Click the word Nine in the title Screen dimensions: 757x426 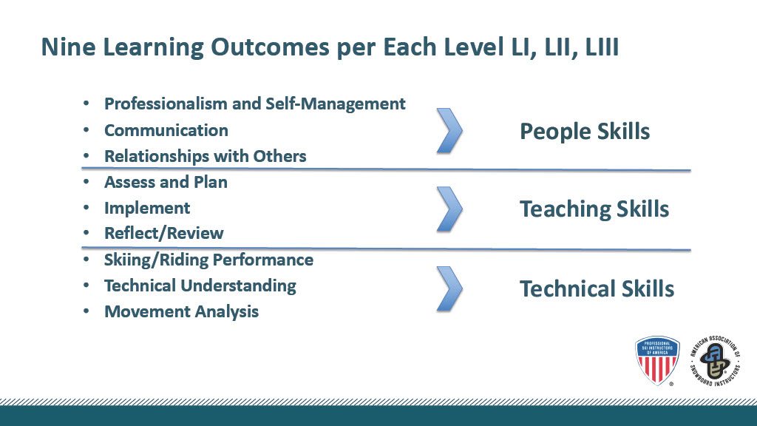click(69, 47)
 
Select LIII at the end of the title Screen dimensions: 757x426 click(602, 47)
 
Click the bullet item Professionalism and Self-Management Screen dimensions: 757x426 click(255, 104)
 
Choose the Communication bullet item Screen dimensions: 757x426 click(166, 130)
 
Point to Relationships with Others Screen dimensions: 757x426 click(206, 157)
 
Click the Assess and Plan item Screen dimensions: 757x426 click(166, 182)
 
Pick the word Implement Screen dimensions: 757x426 click(147, 208)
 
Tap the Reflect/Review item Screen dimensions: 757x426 click(163, 233)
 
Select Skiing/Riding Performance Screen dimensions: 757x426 click(208, 260)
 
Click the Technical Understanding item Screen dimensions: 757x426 click(200, 286)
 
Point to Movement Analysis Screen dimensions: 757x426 click(182, 311)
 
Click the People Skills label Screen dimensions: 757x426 click(585, 132)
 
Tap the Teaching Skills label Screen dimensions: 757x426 click(594, 209)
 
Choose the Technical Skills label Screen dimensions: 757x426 click(597, 289)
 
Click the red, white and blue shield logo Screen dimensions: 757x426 click(657, 360)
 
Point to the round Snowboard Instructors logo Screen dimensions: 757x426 click(715, 360)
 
